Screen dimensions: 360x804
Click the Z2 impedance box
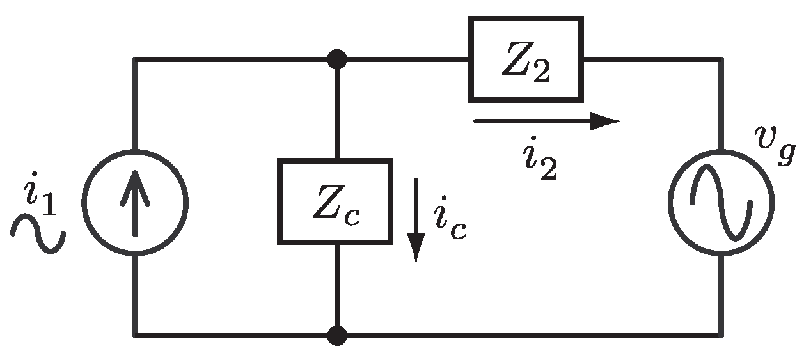pyautogui.click(x=526, y=59)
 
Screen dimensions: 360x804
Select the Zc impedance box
pyautogui.click(x=335, y=202)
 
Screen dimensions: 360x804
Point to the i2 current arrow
pyautogui.click(x=547, y=121)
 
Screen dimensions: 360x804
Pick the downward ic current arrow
pyautogui.click(x=417, y=220)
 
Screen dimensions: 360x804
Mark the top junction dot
pyautogui.click(x=336, y=60)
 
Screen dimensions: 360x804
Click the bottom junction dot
pyautogui.click(x=336, y=334)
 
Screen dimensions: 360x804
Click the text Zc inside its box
pyautogui.click(x=335, y=203)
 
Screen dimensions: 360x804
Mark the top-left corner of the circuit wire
pyautogui.click(x=135, y=60)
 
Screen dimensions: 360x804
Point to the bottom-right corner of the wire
pyautogui.click(x=722, y=334)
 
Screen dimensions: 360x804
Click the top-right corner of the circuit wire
pyautogui.click(x=722, y=60)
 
